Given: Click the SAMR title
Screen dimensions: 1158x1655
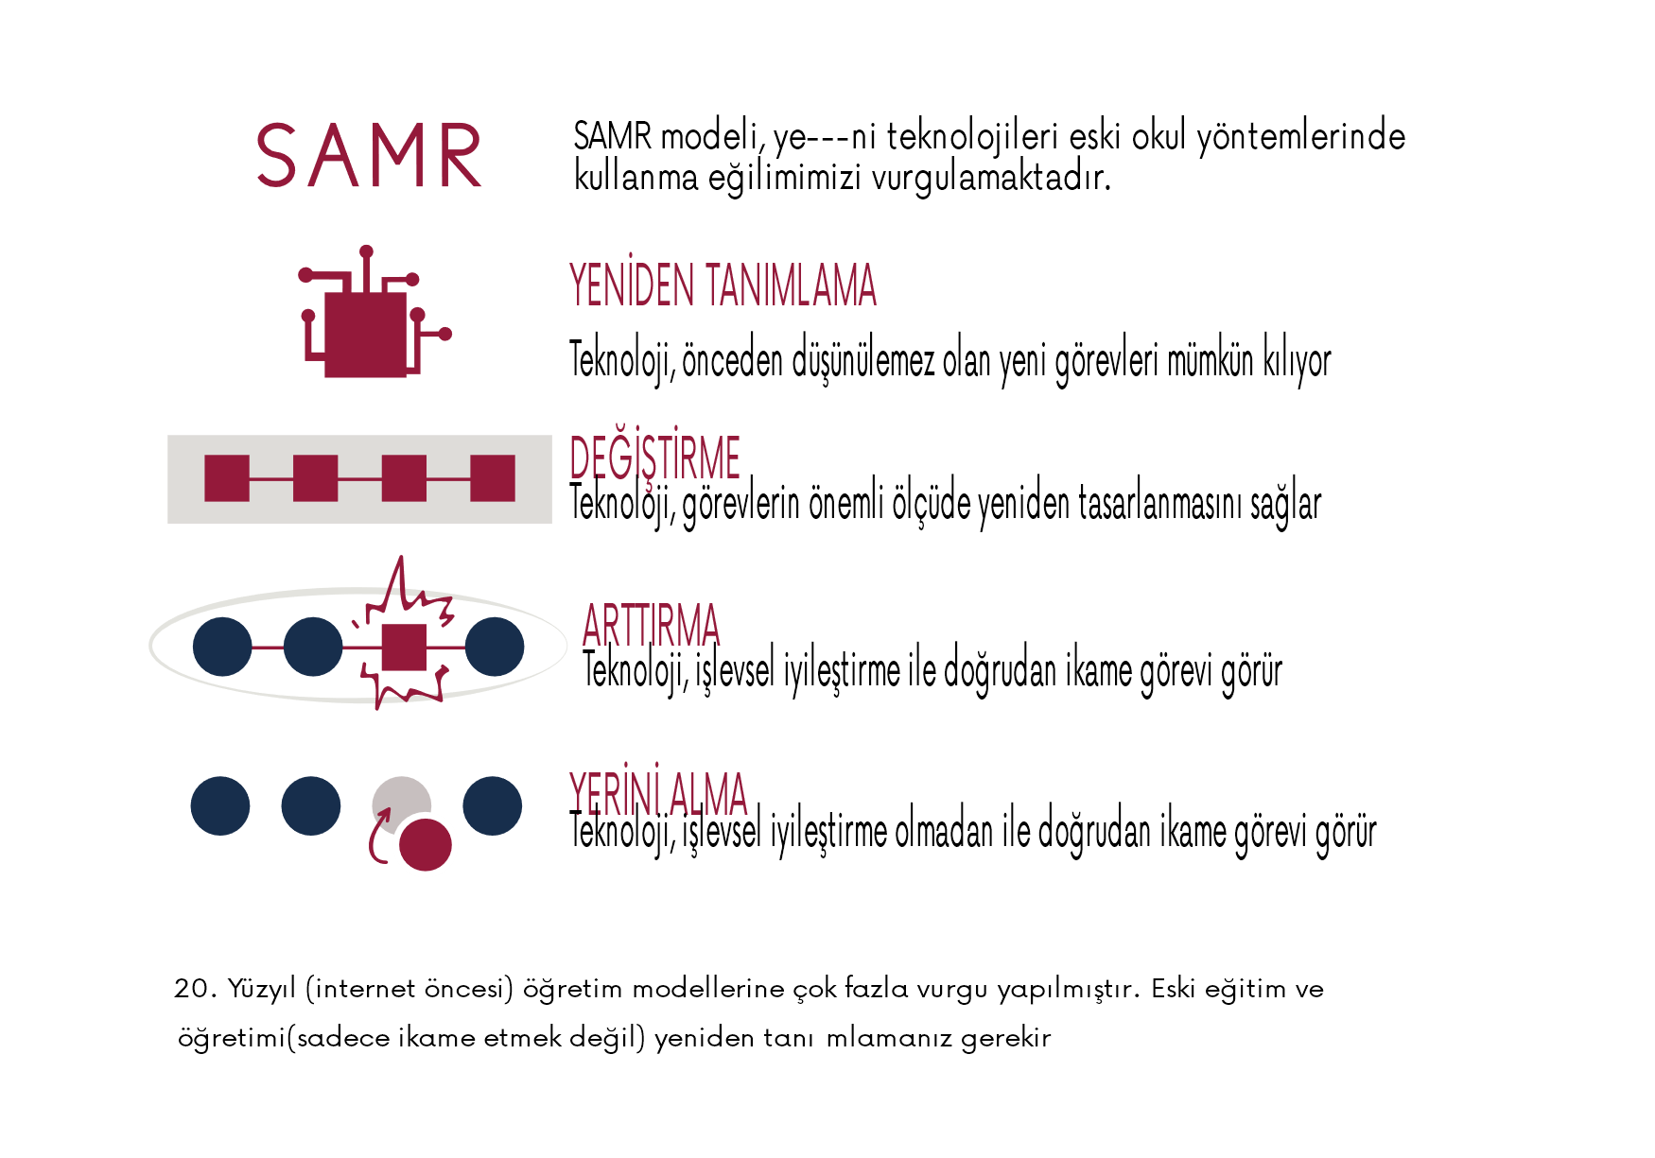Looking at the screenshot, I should [369, 156].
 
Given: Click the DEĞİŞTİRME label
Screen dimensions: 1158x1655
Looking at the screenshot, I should [654, 459].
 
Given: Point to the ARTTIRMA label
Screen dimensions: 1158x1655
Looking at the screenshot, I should [652, 626].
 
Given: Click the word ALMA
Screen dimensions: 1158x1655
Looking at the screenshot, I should [708, 794].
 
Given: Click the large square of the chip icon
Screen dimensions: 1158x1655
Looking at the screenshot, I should [365, 334].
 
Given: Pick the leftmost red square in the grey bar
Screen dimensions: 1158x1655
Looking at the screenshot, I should [227, 478].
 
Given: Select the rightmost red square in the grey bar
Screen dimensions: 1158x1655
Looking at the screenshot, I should [493, 478].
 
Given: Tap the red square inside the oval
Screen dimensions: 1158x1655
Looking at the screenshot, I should [404, 648].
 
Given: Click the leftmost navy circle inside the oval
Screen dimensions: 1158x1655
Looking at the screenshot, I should [222, 647].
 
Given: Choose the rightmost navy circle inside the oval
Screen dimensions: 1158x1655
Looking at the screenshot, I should [495, 647].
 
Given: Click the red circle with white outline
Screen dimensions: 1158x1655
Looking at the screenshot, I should [426, 844].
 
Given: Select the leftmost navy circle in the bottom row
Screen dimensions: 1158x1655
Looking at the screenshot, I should [220, 805].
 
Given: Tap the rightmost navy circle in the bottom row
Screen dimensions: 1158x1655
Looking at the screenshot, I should [493, 805].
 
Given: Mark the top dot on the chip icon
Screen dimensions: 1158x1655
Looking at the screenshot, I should [366, 251].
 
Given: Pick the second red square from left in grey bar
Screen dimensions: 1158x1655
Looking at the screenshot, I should [316, 478].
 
